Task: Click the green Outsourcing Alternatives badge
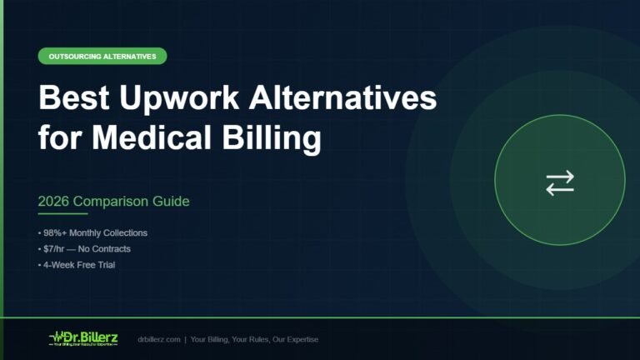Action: pyautogui.click(x=102, y=57)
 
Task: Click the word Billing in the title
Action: pyautogui.click(x=275, y=137)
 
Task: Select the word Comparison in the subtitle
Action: pyautogui.click(x=116, y=202)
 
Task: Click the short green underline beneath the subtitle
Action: pyautogui.click(x=62, y=215)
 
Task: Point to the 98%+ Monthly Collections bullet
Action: pyautogui.click(x=94, y=233)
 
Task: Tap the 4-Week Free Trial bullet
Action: pyautogui.click(x=78, y=265)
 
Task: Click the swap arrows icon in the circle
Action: pyautogui.click(x=560, y=182)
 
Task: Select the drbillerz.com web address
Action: pyautogui.click(x=159, y=340)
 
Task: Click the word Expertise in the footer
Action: pyautogui.click(x=299, y=340)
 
